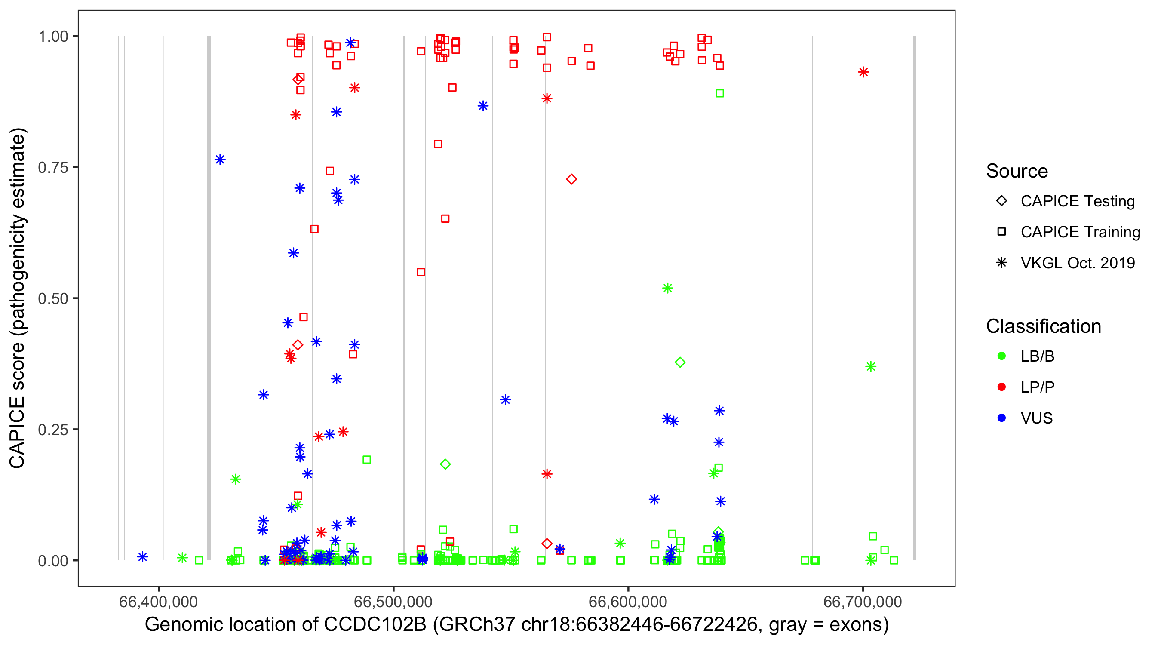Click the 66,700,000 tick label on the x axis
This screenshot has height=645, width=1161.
(862, 602)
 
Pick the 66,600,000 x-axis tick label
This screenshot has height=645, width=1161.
(627, 602)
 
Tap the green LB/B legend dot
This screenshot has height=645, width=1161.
(1001, 356)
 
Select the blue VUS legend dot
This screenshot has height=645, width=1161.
(1001, 418)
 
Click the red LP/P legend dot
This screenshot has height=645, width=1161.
(1001, 387)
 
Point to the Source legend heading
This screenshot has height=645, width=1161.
(1017, 171)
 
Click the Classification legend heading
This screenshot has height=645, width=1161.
(1043, 326)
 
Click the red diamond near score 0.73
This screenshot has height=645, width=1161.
(571, 179)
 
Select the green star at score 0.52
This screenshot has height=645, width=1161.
(667, 289)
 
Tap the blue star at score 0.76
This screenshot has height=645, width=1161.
(220, 160)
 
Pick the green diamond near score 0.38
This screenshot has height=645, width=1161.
(680, 362)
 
